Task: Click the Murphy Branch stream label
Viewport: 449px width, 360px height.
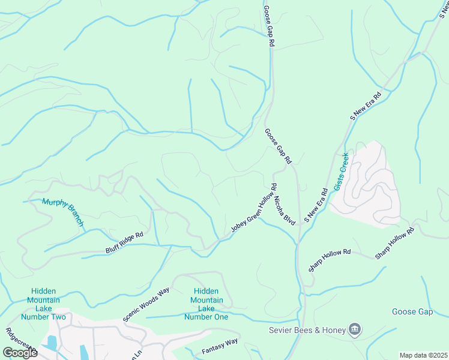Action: pos(63,212)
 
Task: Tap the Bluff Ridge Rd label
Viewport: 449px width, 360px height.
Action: pos(124,238)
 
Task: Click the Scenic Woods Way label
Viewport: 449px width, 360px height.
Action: pos(146,304)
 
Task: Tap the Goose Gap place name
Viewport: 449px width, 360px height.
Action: pos(412,311)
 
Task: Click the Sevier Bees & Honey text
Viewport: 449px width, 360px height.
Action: pos(307,330)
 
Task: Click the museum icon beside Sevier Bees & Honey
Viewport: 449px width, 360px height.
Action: pos(355,329)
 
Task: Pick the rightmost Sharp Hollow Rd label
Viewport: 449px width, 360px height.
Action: pos(394,244)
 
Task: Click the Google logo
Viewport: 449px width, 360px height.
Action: pos(20,352)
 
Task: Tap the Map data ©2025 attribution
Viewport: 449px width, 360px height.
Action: pos(423,355)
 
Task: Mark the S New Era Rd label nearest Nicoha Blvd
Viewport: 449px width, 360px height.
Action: pos(316,205)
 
